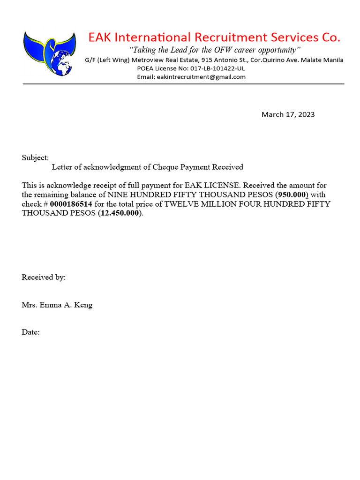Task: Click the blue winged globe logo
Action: pyautogui.click(x=49, y=53)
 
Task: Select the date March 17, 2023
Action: pyautogui.click(x=288, y=114)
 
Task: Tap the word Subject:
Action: pyautogui.click(x=35, y=158)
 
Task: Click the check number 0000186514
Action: pyautogui.click(x=74, y=204)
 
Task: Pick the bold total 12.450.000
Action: pyautogui.click(x=120, y=213)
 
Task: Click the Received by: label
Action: pyautogui.click(x=44, y=277)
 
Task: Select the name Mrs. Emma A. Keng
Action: pyautogui.click(x=57, y=305)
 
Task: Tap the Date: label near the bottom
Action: pyautogui.click(x=30, y=332)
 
